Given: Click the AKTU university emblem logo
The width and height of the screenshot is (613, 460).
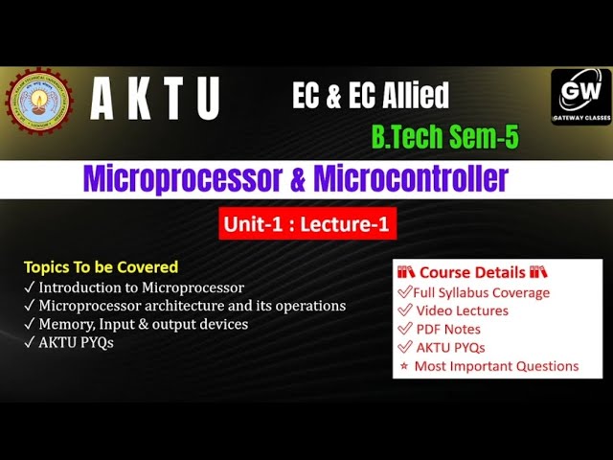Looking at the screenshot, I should click(x=38, y=101).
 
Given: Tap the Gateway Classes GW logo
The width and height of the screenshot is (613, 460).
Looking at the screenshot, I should click(x=580, y=98).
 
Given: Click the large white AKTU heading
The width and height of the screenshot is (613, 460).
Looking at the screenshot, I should click(x=155, y=100).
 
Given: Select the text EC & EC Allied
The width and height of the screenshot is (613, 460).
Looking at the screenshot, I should click(x=371, y=95).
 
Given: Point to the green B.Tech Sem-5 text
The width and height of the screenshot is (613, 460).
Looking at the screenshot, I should click(x=444, y=136).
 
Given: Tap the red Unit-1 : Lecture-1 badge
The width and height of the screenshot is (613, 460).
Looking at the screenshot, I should click(x=307, y=224).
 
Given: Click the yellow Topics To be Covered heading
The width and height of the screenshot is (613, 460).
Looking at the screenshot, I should click(x=101, y=267).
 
